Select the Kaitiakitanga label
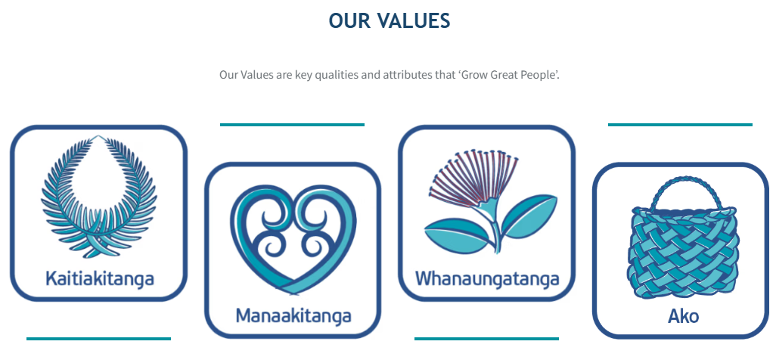[100, 278]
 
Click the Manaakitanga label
[293, 315]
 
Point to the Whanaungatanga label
[487, 278]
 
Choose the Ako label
[683, 316]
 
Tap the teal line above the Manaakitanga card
[292, 124]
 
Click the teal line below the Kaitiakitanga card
[98, 339]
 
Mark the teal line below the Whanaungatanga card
[486, 339]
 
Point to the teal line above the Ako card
[680, 124]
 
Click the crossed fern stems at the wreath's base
[99, 245]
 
